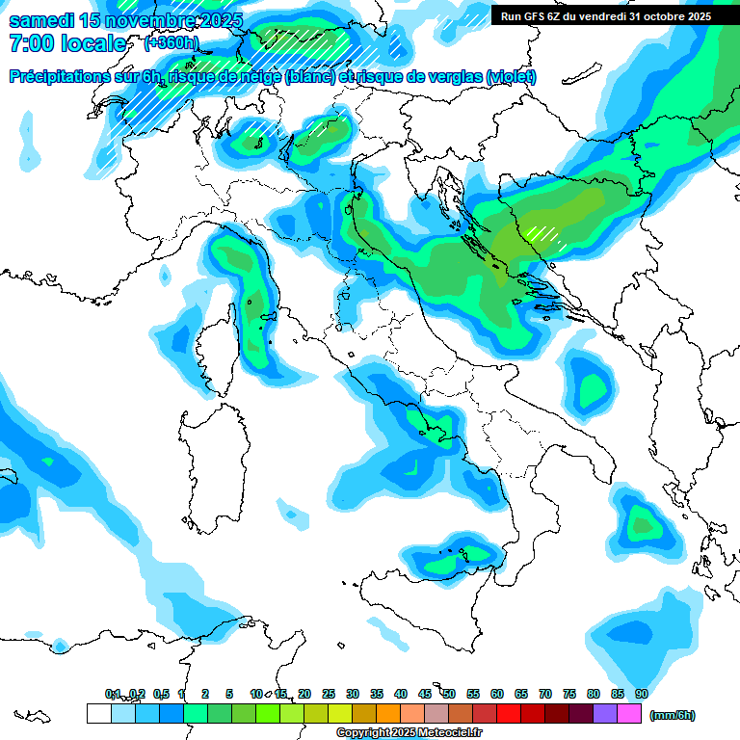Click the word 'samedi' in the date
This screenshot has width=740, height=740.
click(x=38, y=20)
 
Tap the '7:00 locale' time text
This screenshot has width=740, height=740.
click(x=66, y=43)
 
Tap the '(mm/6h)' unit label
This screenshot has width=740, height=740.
click(x=672, y=714)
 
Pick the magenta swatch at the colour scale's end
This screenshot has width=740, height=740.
click(x=629, y=714)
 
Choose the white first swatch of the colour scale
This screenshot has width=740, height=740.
click(x=98, y=714)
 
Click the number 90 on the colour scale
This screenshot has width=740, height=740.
click(x=641, y=694)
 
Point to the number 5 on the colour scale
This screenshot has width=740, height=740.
click(x=229, y=694)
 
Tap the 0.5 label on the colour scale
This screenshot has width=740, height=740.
click(x=160, y=694)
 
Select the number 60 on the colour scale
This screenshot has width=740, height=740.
click(x=496, y=694)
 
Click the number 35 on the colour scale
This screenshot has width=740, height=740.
click(x=376, y=694)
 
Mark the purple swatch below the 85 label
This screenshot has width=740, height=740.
click(x=605, y=714)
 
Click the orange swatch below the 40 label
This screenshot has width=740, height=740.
click(x=388, y=714)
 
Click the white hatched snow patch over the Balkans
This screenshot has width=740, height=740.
click(x=545, y=236)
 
